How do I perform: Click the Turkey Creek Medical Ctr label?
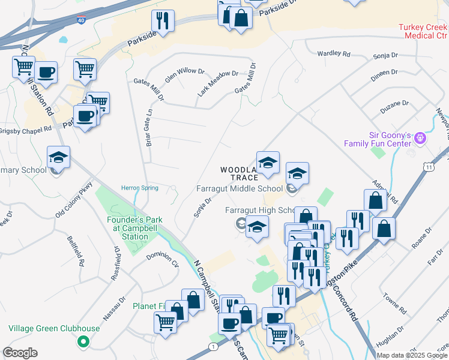[423, 31]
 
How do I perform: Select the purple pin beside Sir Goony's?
[420, 139]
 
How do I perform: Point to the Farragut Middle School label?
[239, 189]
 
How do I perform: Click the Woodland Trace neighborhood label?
[239, 173]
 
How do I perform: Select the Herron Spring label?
[140, 188]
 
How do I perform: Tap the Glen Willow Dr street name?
[184, 71]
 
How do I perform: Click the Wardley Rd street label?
[334, 53]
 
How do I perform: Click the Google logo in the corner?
[20, 353]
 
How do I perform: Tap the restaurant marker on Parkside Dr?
[163, 20]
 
